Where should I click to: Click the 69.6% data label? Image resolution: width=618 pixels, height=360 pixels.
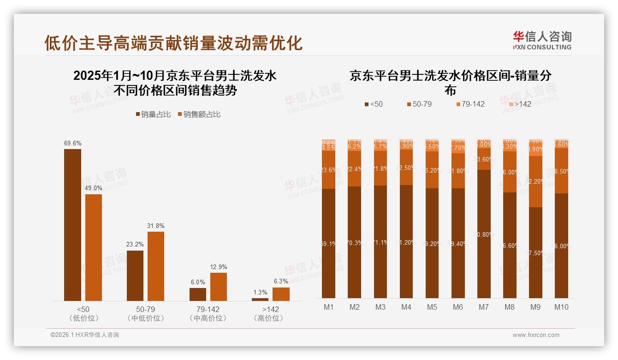click(72, 144)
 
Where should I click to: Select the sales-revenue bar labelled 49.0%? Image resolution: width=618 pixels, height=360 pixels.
click(94, 247)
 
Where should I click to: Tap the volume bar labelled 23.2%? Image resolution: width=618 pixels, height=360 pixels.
click(135, 276)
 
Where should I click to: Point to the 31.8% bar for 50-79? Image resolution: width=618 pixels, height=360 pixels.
click(156, 266)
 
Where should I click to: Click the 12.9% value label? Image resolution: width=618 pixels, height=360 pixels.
click(219, 267)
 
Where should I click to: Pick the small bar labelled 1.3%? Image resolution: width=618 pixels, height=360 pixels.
click(260, 299)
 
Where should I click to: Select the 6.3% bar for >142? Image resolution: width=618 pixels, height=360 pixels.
click(281, 294)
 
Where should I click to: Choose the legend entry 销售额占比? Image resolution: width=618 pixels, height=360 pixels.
click(199, 114)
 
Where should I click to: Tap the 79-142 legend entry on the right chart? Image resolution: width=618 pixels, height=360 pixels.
click(470, 104)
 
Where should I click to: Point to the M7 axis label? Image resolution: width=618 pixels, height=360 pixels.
click(483, 307)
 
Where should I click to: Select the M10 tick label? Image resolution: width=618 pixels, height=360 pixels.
click(561, 307)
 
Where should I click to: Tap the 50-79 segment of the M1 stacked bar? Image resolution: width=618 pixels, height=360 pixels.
click(329, 170)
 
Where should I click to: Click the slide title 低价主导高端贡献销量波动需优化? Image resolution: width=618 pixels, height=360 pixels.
click(173, 43)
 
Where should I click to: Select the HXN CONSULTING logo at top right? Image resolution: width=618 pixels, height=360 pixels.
click(542, 41)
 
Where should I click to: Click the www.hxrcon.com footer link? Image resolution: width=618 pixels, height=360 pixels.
click(536, 335)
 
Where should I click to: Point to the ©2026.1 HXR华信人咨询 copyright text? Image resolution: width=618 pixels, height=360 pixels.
click(85, 335)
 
